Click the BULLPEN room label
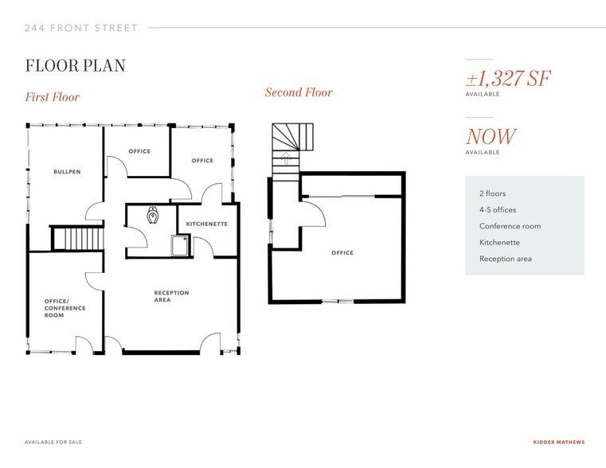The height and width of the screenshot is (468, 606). point(67,172)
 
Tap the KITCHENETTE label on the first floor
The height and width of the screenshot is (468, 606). point(207,224)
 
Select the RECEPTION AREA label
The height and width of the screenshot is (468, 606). point(171,296)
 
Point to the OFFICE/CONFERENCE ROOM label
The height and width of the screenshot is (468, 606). point(65,308)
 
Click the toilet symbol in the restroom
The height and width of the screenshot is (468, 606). point(153,215)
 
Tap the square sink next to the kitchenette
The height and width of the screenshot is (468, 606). point(180,246)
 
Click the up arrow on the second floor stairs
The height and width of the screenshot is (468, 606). point(286,158)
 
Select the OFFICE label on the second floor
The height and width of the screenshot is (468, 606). point(342,253)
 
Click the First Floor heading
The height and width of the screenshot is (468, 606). point(53,96)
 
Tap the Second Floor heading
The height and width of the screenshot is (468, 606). point(299,92)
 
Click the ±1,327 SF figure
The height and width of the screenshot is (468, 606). point(508,78)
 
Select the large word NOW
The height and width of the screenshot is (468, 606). point(491,136)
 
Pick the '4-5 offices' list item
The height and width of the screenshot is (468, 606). point(498,209)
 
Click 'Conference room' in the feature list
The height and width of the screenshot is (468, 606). point(510,226)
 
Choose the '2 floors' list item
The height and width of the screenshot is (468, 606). point(492,193)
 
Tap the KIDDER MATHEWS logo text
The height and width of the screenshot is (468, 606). point(559,442)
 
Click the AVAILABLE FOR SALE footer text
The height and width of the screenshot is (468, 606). point(53,442)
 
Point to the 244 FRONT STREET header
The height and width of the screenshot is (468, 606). point(81,28)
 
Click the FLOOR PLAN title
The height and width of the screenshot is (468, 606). point(76,65)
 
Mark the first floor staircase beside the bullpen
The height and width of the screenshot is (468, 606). point(78,239)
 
